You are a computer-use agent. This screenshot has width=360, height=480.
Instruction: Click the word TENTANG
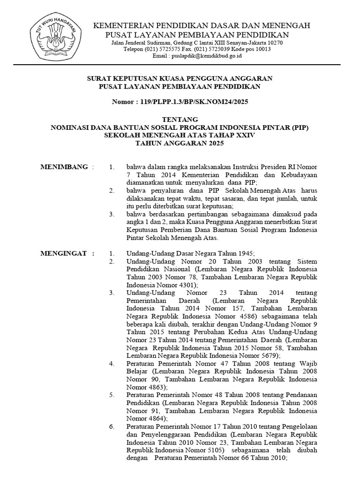click(180, 119)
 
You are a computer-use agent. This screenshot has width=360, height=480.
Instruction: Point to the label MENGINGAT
click(64, 254)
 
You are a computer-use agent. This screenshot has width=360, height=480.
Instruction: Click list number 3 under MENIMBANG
click(111, 214)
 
